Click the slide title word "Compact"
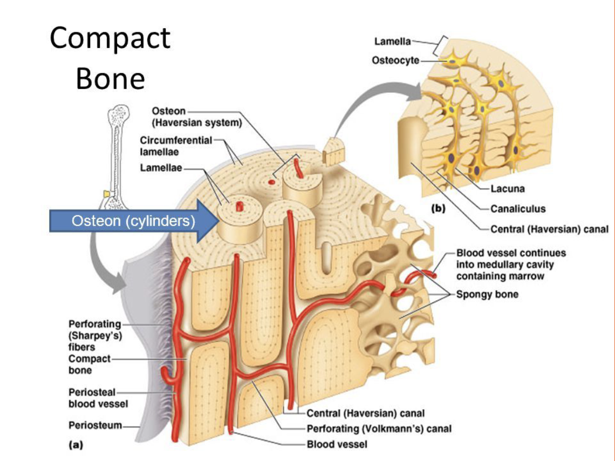coord(110,39)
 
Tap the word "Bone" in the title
coord(110,79)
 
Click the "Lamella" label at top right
coord(392,42)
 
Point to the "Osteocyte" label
coord(395,60)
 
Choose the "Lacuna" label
coord(507,189)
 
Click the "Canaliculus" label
coord(518,209)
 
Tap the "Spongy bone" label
coord(487,295)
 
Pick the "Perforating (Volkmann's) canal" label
coord(379,429)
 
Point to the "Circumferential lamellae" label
coord(176,146)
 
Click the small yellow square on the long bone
coord(107,193)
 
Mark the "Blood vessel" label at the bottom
coord(337,444)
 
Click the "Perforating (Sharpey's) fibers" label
coord(95,335)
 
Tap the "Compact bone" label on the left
coord(89,364)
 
